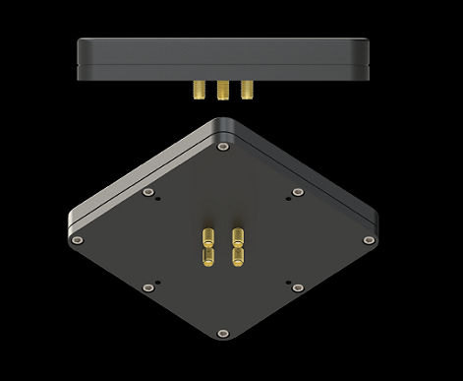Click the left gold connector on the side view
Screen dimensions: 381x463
(197, 91)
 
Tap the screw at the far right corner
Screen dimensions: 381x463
(369, 239)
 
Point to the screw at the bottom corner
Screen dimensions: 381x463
(223, 333)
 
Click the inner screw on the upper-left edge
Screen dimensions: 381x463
(148, 192)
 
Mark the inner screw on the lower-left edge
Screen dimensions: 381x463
(148, 286)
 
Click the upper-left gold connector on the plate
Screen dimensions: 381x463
(208, 236)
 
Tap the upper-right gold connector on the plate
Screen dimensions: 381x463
(237, 236)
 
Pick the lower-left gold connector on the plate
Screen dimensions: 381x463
(208, 256)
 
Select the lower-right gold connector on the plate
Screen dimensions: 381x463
(237, 256)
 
